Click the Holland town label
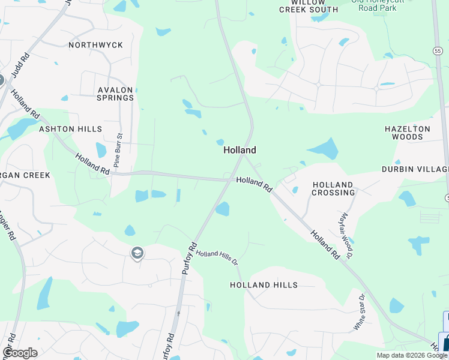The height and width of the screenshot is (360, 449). [240, 150]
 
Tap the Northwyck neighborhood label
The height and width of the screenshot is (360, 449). [95, 45]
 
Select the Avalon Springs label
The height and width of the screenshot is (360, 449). [115, 94]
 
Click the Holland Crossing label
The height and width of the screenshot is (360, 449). [333, 188]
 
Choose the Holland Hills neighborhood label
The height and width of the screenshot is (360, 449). [264, 285]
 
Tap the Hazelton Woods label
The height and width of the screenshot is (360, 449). [408, 133]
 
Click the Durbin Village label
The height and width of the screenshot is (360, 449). [415, 169]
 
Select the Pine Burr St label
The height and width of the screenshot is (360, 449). [118, 151]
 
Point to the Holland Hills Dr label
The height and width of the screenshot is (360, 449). [217, 258]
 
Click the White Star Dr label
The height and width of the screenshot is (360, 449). [360, 312]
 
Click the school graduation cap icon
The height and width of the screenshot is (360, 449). [137, 253]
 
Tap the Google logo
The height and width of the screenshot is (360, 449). [20, 353]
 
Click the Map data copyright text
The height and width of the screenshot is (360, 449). [411, 355]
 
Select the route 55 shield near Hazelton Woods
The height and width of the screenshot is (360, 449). [439, 52]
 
